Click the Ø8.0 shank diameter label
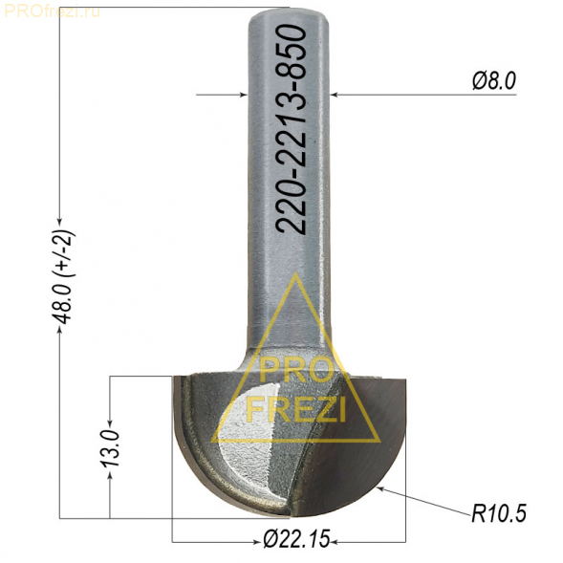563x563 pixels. [x=494, y=81]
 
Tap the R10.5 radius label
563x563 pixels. [x=499, y=513]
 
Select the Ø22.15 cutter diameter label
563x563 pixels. [x=296, y=539]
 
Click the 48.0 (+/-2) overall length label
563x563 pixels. [x=64, y=276]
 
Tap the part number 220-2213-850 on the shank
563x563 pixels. [x=292, y=130]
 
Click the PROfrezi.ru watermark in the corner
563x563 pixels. [x=53, y=11]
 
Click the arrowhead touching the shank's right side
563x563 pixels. [x=335, y=95]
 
